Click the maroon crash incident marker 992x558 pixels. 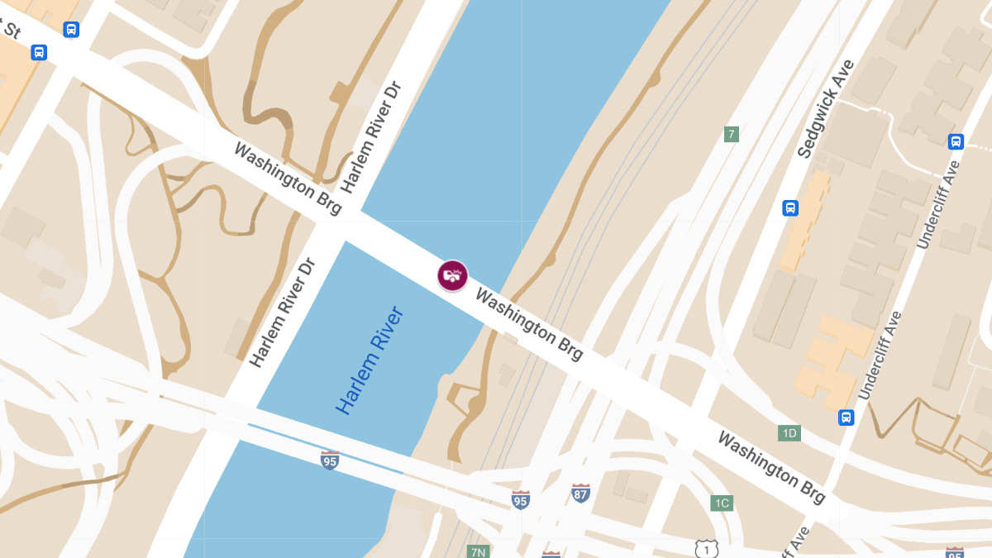(452, 275)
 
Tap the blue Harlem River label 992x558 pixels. (370, 360)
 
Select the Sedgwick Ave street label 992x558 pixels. (826, 108)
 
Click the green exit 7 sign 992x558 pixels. (731, 134)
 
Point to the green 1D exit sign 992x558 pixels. (789, 433)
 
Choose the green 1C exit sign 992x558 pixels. (722, 503)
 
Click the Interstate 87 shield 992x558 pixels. (581, 494)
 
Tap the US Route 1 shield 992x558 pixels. (706, 548)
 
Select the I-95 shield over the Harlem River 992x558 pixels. (330, 460)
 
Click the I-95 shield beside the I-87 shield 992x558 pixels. (520, 499)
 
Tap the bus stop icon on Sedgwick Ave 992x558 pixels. (790, 207)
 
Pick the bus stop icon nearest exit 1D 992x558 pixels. (846, 417)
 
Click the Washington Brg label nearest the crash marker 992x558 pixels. (529, 325)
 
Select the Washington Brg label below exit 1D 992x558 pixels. (770, 467)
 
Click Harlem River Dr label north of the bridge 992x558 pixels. (370, 137)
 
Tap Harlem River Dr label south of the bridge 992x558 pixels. (283, 312)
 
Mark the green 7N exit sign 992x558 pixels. (477, 551)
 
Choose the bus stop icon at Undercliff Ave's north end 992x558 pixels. (956, 141)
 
